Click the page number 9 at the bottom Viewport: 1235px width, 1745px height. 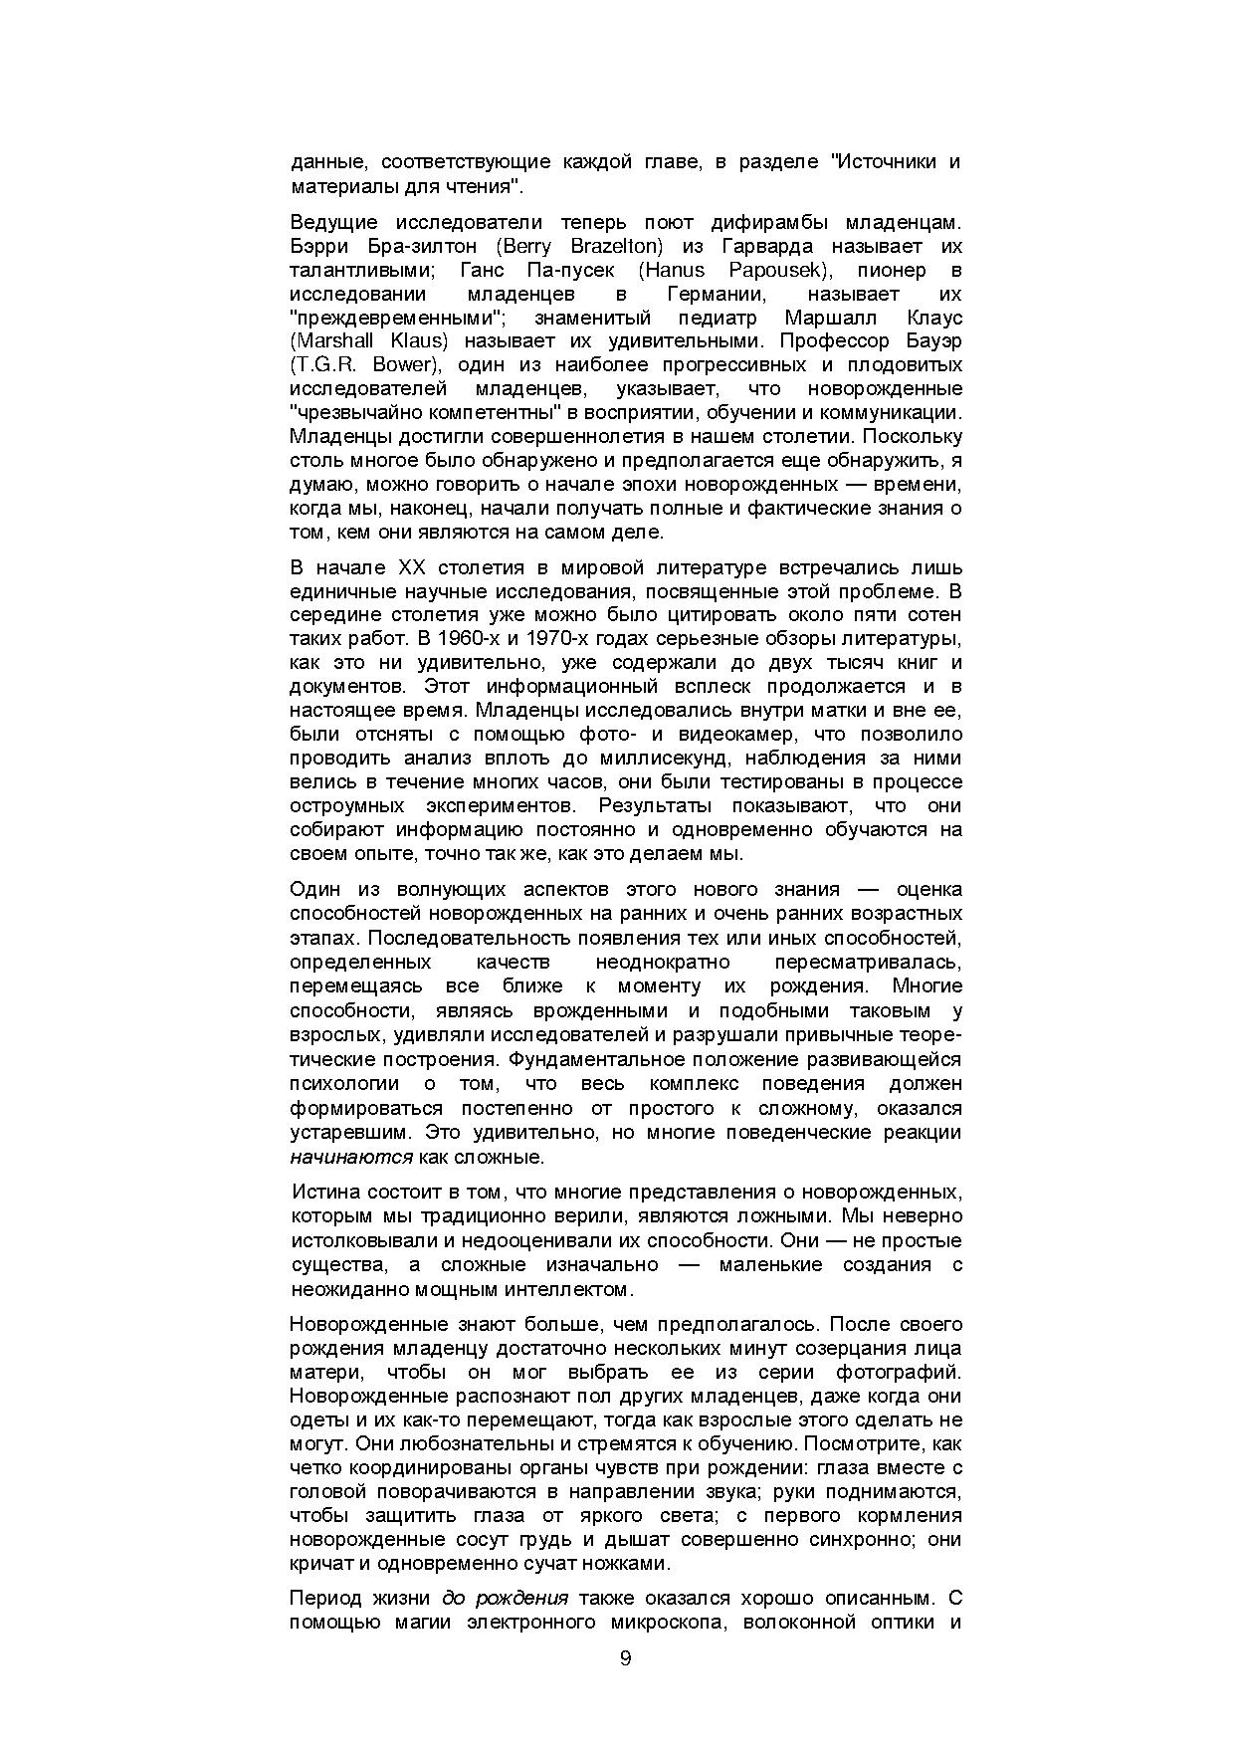625,1657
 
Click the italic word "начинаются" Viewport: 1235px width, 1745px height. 350,1157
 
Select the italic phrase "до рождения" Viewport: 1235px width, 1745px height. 505,1599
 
